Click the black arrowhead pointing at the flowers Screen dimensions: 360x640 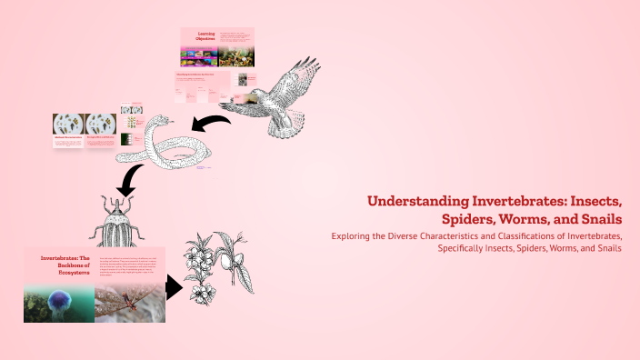pyautogui.click(x=173, y=289)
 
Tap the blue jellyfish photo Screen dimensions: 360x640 pyautogui.click(x=58, y=302)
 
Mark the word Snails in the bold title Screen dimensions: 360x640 pyautogui.click(x=598, y=219)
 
